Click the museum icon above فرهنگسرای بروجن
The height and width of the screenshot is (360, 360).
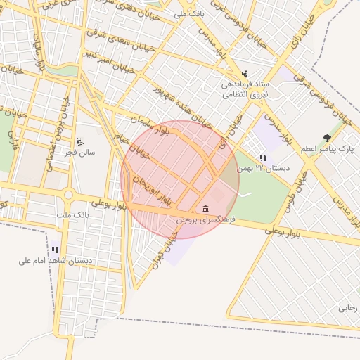point(205,209)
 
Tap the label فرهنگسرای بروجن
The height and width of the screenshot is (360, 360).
point(205,220)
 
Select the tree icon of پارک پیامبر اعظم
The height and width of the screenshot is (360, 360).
point(326,138)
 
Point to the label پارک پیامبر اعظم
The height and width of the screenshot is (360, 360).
point(326,149)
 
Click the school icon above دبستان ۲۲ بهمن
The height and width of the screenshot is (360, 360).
point(263,157)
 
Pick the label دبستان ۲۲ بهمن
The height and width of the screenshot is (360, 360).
point(263,169)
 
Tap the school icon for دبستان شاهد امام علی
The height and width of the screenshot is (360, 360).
point(55,250)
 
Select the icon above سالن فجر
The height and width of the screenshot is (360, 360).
point(79,141)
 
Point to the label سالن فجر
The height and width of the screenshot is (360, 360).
point(79,152)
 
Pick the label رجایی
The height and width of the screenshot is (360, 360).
point(347,308)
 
